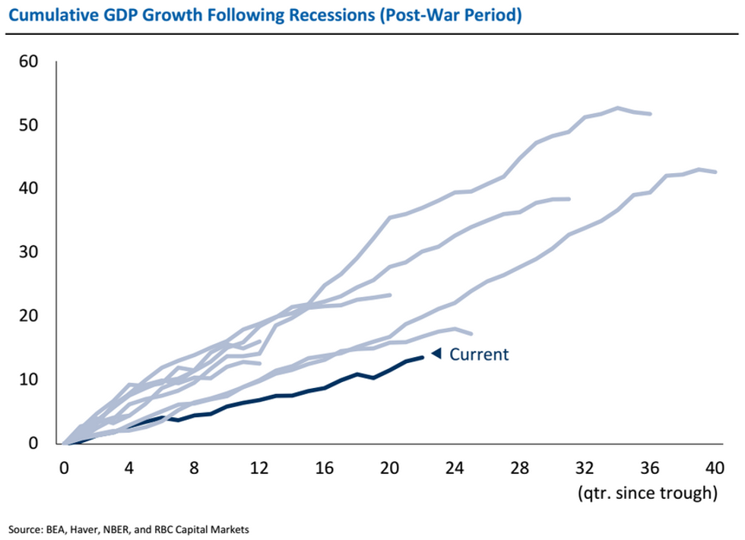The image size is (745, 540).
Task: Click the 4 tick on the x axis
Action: [130, 467]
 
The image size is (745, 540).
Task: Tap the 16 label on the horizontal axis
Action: [325, 467]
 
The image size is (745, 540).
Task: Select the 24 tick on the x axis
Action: [455, 467]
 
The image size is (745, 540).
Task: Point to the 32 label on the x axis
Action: [585, 467]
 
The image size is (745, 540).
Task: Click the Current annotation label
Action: [479, 354]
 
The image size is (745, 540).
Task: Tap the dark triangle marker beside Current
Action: [436, 353]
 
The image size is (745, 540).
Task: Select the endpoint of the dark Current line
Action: [423, 357]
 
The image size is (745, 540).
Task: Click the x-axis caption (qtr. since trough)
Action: [647, 494]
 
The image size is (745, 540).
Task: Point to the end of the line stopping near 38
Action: [569, 199]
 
